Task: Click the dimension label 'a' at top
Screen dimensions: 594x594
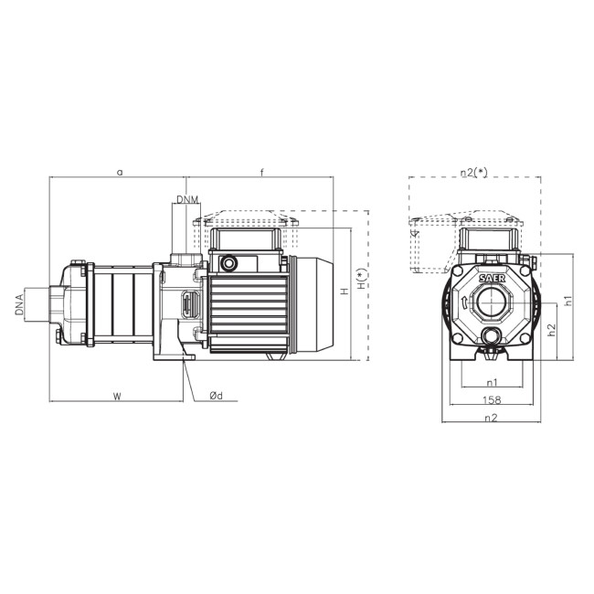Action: pos(120,173)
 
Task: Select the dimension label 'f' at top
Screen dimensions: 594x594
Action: pos(261,173)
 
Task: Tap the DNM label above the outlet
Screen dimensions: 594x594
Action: pos(187,199)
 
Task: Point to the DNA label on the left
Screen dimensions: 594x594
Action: pos(19,304)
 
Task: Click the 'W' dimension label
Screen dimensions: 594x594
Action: pos(118,397)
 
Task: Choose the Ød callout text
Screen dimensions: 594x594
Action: pos(217,396)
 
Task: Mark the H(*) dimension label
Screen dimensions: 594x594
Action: pos(362,279)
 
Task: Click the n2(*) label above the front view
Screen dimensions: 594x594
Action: pos(474,172)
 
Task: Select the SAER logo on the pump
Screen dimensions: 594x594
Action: pos(492,278)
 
